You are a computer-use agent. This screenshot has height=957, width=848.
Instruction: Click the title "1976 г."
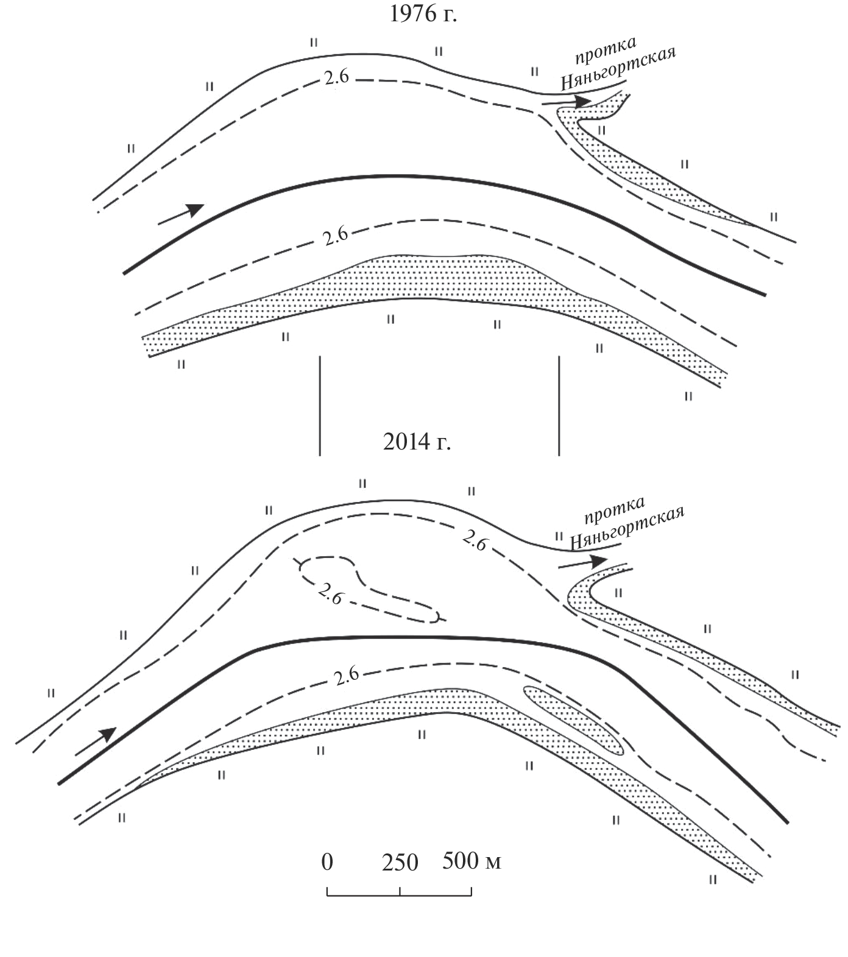point(423,14)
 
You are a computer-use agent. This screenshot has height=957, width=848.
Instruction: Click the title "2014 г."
point(417,441)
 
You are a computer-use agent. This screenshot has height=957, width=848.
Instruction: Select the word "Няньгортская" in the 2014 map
point(627,528)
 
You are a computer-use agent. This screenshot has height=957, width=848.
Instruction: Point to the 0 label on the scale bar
point(328,862)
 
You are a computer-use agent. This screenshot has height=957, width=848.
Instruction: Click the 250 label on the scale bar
point(400,863)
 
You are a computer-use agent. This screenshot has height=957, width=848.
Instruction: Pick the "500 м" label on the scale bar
point(472,861)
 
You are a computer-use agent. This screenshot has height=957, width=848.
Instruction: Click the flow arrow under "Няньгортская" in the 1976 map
point(566,102)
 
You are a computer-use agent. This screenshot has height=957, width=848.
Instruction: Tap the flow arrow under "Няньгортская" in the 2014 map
point(583,562)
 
